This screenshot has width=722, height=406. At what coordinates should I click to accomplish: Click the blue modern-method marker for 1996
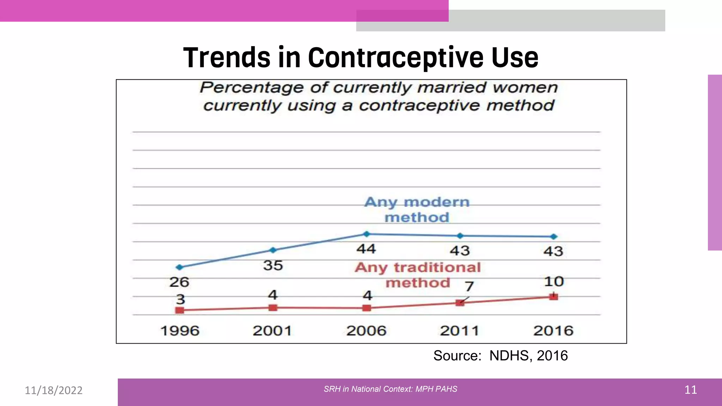(180, 267)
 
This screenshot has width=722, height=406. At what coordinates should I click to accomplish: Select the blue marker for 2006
(367, 234)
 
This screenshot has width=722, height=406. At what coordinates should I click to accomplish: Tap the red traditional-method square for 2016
(553, 297)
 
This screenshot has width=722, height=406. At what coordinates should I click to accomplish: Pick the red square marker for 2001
(273, 308)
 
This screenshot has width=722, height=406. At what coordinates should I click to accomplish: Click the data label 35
(273, 265)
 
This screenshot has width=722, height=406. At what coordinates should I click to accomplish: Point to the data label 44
(366, 249)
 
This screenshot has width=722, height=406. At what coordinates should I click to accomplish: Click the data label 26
(179, 282)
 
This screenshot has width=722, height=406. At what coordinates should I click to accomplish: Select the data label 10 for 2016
(554, 281)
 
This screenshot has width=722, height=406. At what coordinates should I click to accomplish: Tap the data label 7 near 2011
(469, 286)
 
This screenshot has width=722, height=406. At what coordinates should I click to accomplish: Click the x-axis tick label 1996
(180, 331)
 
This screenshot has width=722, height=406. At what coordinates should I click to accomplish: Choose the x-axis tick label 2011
(460, 331)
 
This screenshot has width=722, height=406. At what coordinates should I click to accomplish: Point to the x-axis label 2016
(553, 331)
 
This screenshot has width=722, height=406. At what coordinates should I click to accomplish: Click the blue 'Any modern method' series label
(417, 210)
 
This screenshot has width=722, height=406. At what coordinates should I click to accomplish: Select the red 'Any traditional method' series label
(418, 275)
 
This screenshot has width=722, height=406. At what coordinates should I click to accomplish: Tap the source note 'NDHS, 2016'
(528, 356)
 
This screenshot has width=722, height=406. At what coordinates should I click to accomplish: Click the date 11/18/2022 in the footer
(54, 390)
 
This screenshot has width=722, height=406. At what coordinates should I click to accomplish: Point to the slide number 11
(690, 390)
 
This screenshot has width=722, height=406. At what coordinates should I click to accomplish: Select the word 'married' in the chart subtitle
(452, 87)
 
